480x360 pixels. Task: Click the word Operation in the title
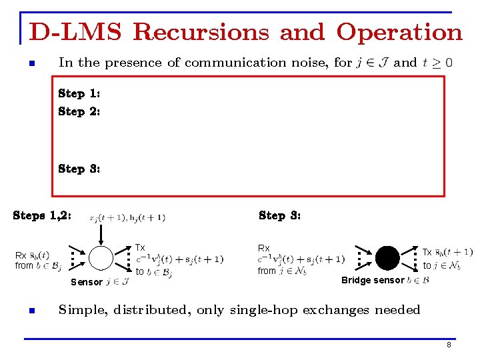pyautogui.click(x=399, y=32)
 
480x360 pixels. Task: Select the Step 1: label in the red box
pyautogui.click(x=79, y=94)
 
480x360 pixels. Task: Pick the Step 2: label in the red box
pyautogui.click(x=79, y=111)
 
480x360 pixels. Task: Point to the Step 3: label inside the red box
pyautogui.click(x=79, y=169)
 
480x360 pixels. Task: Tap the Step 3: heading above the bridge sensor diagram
pyautogui.click(x=279, y=215)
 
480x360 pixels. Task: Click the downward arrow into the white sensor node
pyautogui.click(x=101, y=235)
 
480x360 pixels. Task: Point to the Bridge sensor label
pyautogui.click(x=373, y=280)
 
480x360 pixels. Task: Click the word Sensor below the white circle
pyautogui.click(x=87, y=282)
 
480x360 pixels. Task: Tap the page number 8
pyautogui.click(x=449, y=345)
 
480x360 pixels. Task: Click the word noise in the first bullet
pyautogui.click(x=312, y=63)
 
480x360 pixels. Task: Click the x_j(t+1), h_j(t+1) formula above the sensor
pyautogui.click(x=127, y=217)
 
